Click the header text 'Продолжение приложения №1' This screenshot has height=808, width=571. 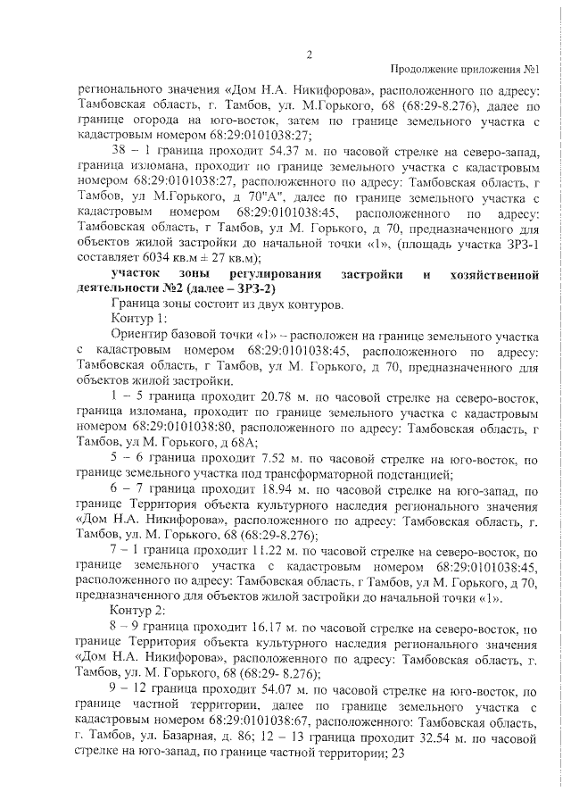click(x=468, y=70)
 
